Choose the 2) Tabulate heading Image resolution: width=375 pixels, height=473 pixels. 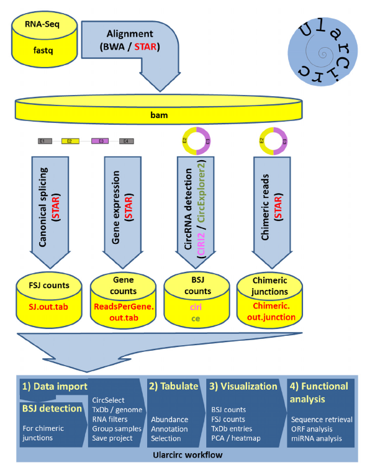coord(173,385)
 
